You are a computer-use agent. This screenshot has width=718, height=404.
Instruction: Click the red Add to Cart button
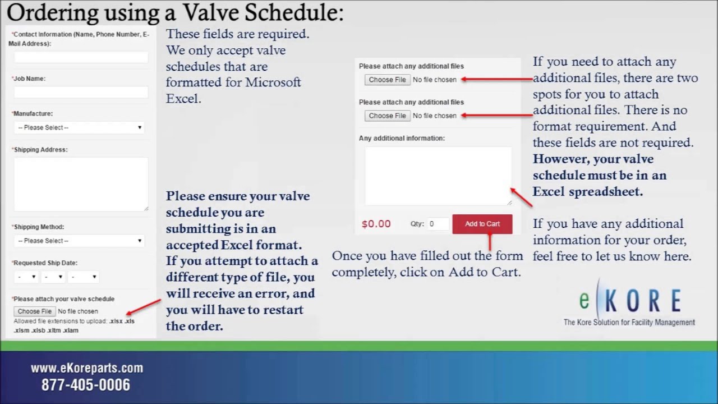(482, 224)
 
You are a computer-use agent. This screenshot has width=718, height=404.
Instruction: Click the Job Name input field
(81, 93)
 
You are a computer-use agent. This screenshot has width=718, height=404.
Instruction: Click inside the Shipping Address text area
(81, 184)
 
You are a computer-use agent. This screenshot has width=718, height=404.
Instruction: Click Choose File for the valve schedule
(34, 311)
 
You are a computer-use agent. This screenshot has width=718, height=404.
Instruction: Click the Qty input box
(438, 224)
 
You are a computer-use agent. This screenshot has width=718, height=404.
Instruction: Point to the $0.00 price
(376, 224)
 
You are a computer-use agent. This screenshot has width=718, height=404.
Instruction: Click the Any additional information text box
(438, 176)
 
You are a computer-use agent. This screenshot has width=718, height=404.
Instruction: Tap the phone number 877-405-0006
(86, 385)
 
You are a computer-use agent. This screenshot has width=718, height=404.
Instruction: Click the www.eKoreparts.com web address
(87, 368)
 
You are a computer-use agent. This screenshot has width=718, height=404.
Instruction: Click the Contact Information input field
(81, 57)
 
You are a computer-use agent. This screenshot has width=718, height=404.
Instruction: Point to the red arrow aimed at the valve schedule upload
(144, 306)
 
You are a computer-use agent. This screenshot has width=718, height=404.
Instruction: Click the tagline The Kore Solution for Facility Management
(629, 322)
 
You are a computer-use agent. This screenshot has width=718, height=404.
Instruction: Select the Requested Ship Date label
(45, 263)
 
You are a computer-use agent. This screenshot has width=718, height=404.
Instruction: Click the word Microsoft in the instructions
(273, 82)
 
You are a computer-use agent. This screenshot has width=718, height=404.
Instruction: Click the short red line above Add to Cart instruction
(490, 242)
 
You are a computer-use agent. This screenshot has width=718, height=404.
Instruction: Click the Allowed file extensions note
(73, 326)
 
